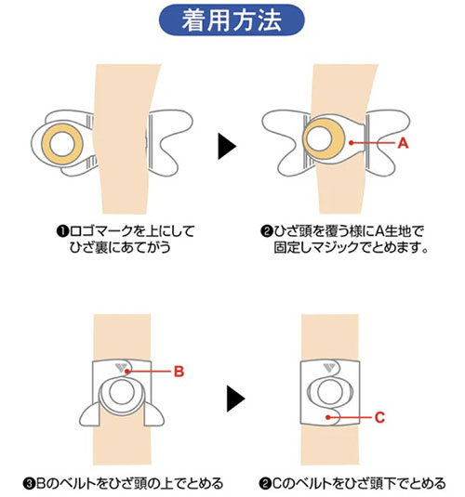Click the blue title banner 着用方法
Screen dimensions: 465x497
(232, 20)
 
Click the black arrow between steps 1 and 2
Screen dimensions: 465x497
(227, 146)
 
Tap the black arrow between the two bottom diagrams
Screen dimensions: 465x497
(236, 399)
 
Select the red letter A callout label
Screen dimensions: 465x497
(403, 143)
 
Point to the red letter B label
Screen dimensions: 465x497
(179, 372)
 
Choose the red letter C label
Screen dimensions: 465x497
(379, 417)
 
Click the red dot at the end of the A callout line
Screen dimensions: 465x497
(351, 143)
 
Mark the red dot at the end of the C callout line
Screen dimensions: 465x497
(328, 417)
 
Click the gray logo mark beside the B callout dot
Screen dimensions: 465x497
(120, 368)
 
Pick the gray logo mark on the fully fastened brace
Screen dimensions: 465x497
(328, 368)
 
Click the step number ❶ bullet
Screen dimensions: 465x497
(62, 231)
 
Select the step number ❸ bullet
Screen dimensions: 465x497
(29, 484)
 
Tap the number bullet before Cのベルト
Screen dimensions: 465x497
(264, 484)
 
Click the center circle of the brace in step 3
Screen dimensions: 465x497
(122, 392)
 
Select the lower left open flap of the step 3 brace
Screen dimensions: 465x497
(90, 414)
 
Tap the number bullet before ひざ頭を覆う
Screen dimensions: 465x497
(267, 231)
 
